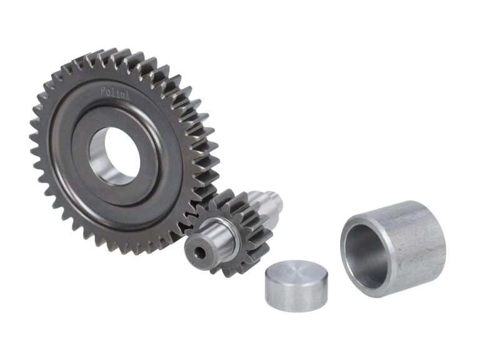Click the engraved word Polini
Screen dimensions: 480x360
(x=115, y=92)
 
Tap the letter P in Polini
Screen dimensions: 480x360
(x=104, y=90)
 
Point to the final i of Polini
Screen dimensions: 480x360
(x=127, y=97)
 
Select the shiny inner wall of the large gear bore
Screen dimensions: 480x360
(x=99, y=156)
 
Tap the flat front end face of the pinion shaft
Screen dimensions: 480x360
(x=198, y=252)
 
